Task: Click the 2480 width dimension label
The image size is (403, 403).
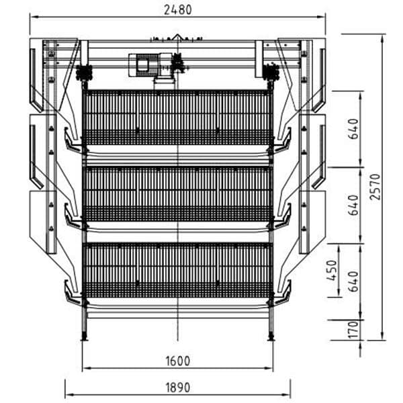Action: coord(178,10)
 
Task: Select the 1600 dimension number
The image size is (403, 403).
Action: coord(178,361)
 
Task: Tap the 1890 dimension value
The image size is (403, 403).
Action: coord(178,388)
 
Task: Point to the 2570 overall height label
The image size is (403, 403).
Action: coord(375,187)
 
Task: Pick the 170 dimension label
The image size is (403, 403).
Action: coord(353,330)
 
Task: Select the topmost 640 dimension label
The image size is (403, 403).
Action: coord(353,128)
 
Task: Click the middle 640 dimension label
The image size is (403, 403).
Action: coord(353,205)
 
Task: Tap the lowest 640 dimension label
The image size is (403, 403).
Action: coord(354,281)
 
